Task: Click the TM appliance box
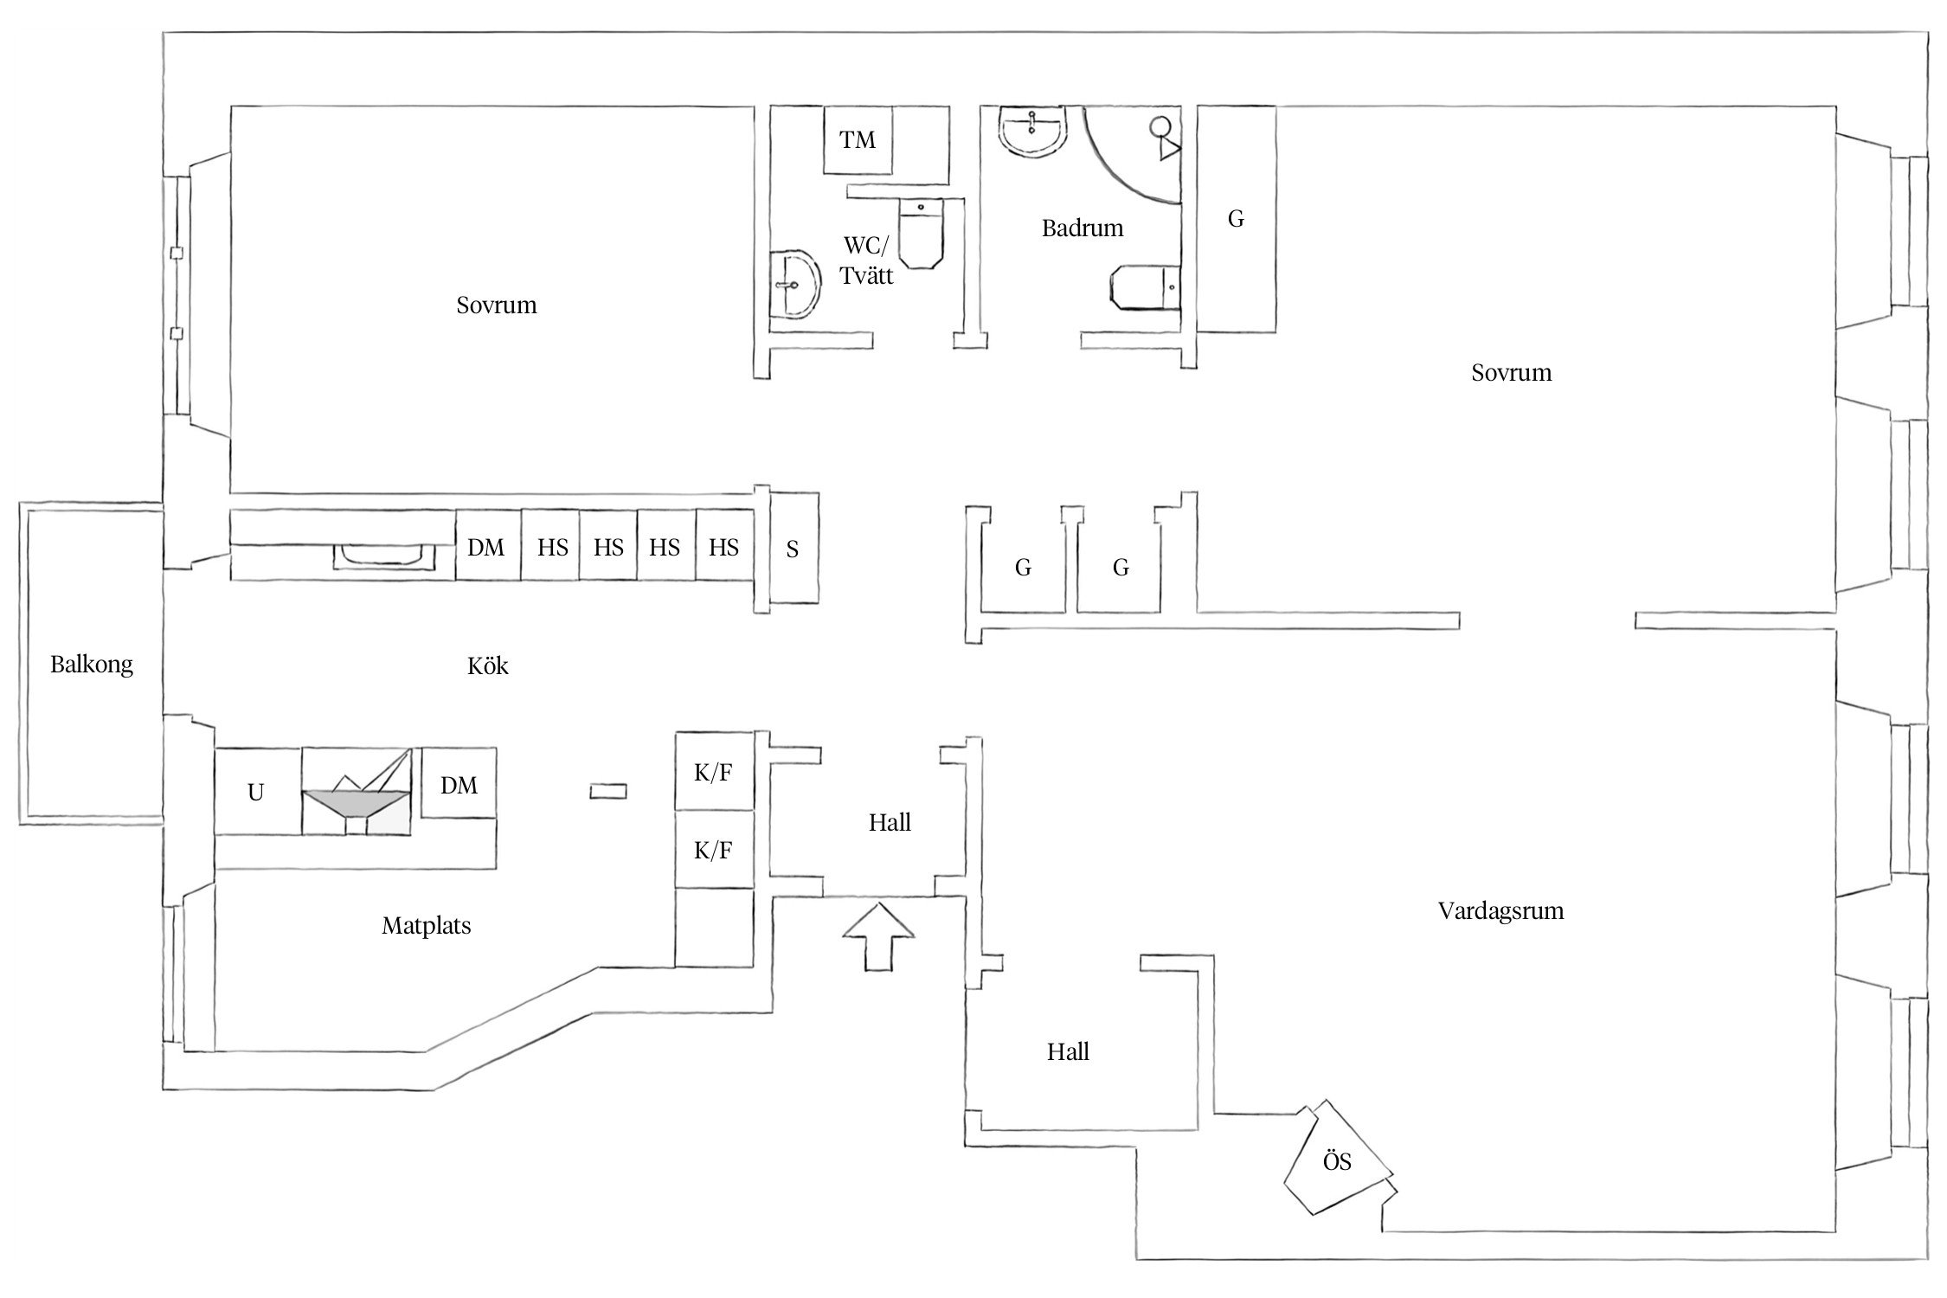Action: click(x=858, y=139)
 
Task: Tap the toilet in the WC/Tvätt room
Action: click(x=919, y=233)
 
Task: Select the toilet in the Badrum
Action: click(x=1144, y=288)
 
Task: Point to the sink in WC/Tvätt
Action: click(x=795, y=285)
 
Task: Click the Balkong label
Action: click(x=92, y=665)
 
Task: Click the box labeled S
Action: click(x=794, y=548)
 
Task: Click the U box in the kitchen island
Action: click(x=257, y=792)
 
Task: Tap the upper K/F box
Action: click(x=714, y=772)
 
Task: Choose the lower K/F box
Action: click(x=714, y=850)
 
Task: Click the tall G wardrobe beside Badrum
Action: click(x=1236, y=219)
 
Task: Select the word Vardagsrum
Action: click(x=1500, y=911)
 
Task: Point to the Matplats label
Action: click(x=427, y=926)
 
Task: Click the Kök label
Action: click(x=488, y=665)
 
